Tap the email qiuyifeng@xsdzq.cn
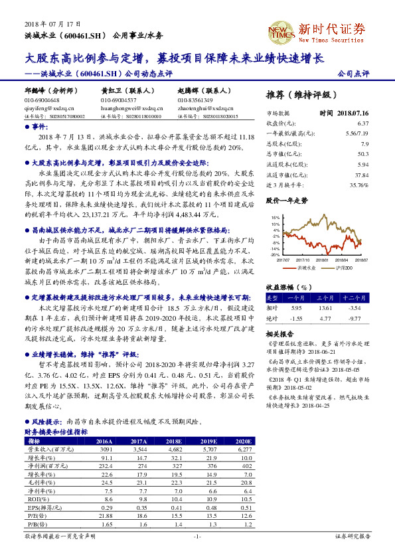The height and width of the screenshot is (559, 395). [x=45, y=107]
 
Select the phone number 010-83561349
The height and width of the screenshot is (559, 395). [x=195, y=100]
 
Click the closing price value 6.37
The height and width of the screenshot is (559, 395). [x=362, y=123]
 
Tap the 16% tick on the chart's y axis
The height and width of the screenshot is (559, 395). [x=276, y=217]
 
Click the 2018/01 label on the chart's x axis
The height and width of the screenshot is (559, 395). [x=324, y=260]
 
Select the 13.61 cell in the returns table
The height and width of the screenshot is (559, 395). [x=325, y=308]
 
